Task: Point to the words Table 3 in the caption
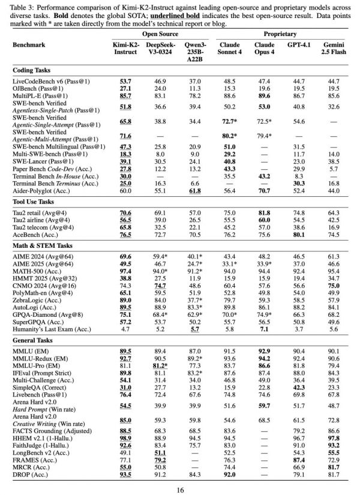point(25,4)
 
